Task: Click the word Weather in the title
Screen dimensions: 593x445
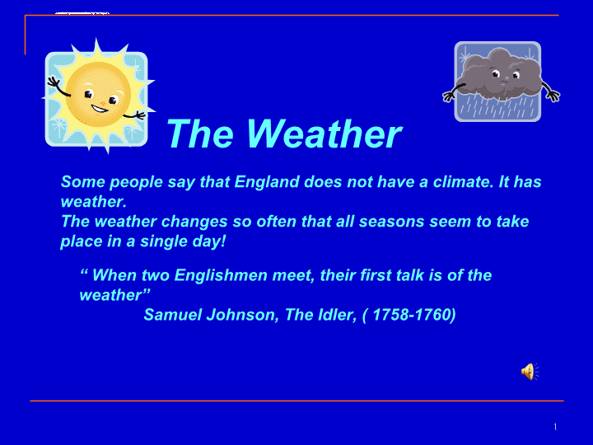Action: coord(325,133)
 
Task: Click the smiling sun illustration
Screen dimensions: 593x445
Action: coord(98,96)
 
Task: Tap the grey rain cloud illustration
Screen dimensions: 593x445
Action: coord(501,82)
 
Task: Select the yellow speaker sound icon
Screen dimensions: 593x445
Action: coord(530,372)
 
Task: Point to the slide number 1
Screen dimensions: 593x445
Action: coord(555,427)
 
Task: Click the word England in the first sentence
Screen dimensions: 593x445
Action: coord(267,182)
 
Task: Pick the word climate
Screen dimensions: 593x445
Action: coord(463,182)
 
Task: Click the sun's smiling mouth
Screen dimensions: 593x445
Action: coord(100,109)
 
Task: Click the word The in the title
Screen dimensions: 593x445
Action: coord(200,133)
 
